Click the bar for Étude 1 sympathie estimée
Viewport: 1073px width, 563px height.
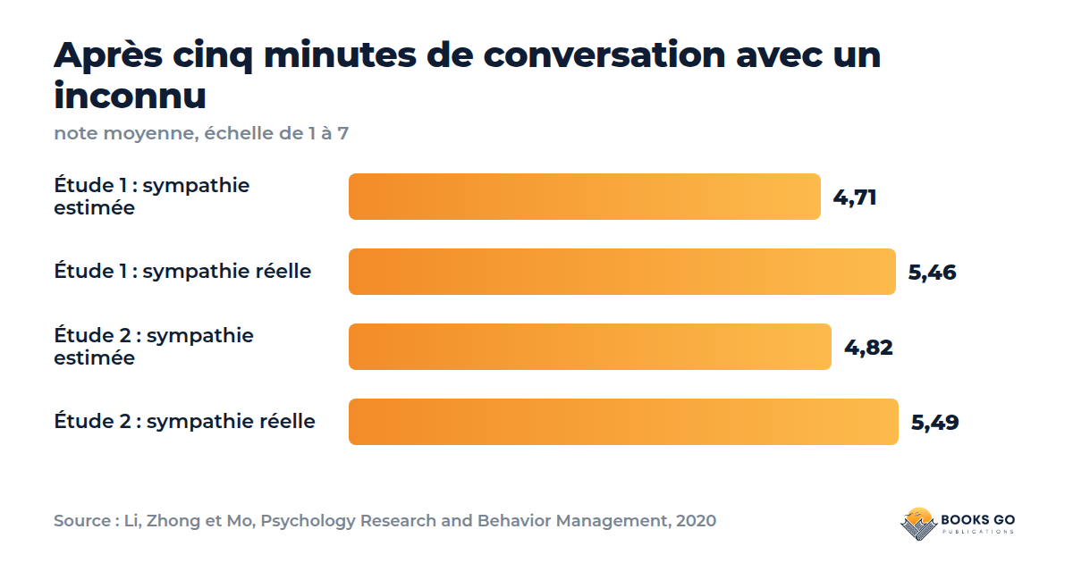point(585,197)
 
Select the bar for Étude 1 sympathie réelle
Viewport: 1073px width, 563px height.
point(621,272)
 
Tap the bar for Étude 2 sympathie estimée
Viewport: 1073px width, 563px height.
point(589,347)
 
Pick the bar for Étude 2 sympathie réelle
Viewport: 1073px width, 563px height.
point(623,422)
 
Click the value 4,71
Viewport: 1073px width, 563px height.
point(855,197)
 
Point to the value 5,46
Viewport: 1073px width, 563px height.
point(932,273)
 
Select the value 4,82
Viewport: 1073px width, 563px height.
point(868,348)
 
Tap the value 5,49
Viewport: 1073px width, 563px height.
point(934,422)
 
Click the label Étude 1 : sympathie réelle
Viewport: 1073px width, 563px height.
point(182,271)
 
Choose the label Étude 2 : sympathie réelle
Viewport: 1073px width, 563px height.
point(184,421)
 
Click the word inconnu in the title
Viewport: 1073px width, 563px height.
point(130,96)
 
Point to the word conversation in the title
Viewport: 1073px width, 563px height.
point(604,55)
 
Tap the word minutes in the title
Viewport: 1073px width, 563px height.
point(340,55)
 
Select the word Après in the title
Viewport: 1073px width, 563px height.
point(108,56)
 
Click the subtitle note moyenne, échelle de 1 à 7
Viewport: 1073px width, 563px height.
point(201,133)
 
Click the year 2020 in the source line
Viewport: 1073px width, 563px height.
point(696,520)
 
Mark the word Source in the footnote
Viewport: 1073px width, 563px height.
point(82,520)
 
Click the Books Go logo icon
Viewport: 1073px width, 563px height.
point(918,524)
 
